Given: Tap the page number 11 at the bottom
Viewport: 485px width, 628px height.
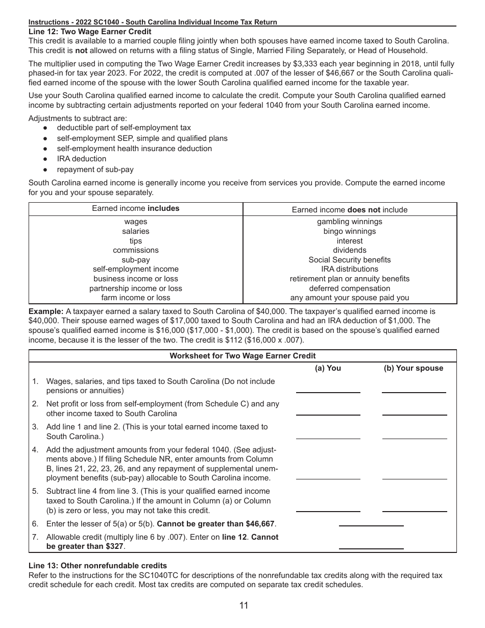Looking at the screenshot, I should pos(244,606).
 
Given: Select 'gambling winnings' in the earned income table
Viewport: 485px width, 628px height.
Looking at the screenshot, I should pos(350,222).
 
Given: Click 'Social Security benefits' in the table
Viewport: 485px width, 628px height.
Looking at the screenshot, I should pos(350,260).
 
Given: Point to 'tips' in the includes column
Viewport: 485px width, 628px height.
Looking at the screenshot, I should pos(136,241).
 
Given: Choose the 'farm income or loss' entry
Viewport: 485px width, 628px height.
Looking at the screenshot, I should pos(136,298).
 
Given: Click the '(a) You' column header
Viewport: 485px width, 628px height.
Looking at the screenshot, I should pos(328,368).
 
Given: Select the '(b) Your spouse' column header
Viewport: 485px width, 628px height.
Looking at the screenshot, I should pos(414,368).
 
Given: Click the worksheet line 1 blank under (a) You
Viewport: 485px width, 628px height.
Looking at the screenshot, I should pos(328,388).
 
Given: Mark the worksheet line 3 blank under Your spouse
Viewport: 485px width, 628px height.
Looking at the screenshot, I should pos(414,434).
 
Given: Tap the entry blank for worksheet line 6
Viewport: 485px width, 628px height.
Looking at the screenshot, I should pos(371,521).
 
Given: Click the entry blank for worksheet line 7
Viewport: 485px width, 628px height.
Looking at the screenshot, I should pos(371,544).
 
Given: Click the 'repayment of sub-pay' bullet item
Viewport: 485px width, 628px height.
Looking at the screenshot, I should pos(95,170).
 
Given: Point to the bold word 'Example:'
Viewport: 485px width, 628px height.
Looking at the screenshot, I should pos(46,311).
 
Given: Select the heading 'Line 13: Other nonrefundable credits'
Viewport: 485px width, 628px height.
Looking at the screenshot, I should pos(98,565).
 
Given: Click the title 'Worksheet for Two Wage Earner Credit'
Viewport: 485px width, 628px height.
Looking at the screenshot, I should pos(243,356).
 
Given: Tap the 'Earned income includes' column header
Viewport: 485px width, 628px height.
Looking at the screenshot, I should pos(136,208).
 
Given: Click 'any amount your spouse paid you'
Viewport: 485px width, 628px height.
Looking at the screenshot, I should pos(350,298).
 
